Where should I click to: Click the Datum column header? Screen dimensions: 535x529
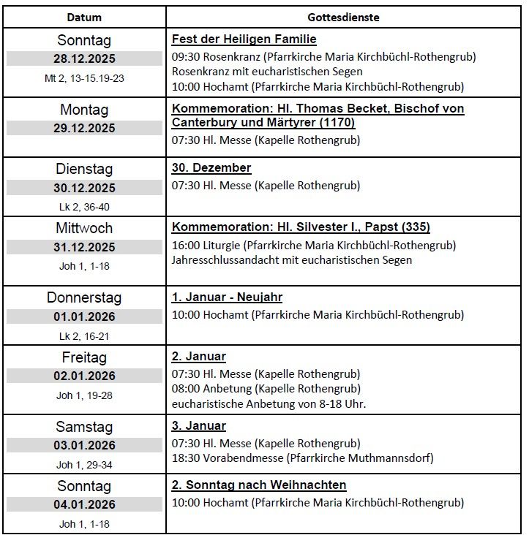pyautogui.click(x=84, y=17)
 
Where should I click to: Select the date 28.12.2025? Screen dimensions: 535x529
pyautogui.click(x=84, y=59)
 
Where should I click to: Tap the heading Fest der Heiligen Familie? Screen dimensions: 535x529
pyautogui.click(x=244, y=39)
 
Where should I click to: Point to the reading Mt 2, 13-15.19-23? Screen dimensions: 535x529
pyautogui.click(x=84, y=78)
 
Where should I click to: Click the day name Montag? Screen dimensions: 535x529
pyautogui.click(x=84, y=110)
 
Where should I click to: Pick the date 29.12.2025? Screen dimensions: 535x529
pyautogui.click(x=84, y=129)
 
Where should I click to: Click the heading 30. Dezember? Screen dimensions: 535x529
pyautogui.click(x=211, y=167)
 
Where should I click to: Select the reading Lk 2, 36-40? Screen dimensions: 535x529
pyautogui.click(x=84, y=207)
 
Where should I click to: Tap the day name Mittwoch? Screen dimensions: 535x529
pyautogui.click(x=84, y=228)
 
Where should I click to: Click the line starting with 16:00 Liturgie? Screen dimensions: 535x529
pyautogui.click(x=314, y=245)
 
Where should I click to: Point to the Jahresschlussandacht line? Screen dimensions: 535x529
pyautogui.click(x=292, y=260)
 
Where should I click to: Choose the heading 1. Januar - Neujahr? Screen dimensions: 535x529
pyautogui.click(x=227, y=297)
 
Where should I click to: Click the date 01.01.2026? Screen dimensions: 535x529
pyautogui.click(x=84, y=316)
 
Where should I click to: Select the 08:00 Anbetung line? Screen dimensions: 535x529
pyautogui.click(x=266, y=389)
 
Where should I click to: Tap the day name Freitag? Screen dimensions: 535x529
pyautogui.click(x=84, y=357)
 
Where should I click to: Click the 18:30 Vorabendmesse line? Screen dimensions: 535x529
pyautogui.click(x=302, y=458)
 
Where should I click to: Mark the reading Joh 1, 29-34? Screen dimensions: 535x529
pyautogui.click(x=84, y=465)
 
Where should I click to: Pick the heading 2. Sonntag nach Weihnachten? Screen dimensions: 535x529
pyautogui.click(x=259, y=485)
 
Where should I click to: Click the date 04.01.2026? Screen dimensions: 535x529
pyautogui.click(x=84, y=505)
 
